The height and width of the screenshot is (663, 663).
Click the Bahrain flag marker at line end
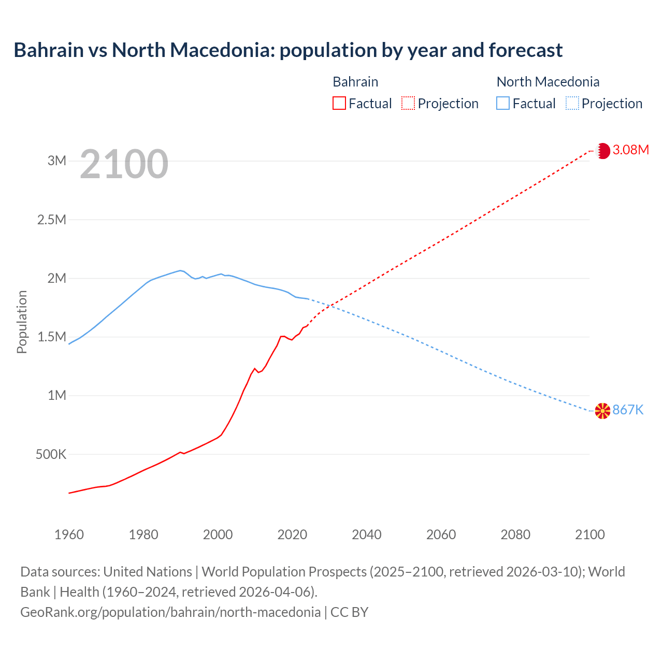pyautogui.click(x=603, y=151)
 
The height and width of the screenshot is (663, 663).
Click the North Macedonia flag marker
pyautogui.click(x=602, y=411)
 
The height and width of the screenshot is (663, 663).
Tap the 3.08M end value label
pyautogui.click(x=630, y=150)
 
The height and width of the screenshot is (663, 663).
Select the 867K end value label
pyautogui.click(x=628, y=410)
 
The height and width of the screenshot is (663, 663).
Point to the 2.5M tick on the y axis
pyautogui.click(x=52, y=220)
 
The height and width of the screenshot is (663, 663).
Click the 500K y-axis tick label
pyautogui.click(x=51, y=455)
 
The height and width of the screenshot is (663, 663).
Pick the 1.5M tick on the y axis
pyautogui.click(x=52, y=337)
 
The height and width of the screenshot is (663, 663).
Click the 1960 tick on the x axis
pyautogui.click(x=69, y=535)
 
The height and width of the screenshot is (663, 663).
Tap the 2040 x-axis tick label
pyautogui.click(x=367, y=535)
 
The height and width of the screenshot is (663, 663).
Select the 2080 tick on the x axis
pyautogui.click(x=515, y=535)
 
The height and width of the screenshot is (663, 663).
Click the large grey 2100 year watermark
pyautogui.click(x=124, y=164)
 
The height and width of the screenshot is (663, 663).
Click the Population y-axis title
pyautogui.click(x=22, y=322)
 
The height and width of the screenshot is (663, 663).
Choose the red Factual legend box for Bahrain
pyautogui.click(x=339, y=104)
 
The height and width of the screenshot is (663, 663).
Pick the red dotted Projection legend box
pyautogui.click(x=408, y=104)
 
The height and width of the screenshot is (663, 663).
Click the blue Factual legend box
pyautogui.click(x=503, y=104)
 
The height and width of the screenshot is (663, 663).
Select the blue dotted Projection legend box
pyautogui.click(x=572, y=104)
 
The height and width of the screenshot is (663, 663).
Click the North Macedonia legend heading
pyautogui.click(x=548, y=82)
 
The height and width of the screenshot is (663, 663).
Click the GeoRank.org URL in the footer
pyautogui.click(x=170, y=612)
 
